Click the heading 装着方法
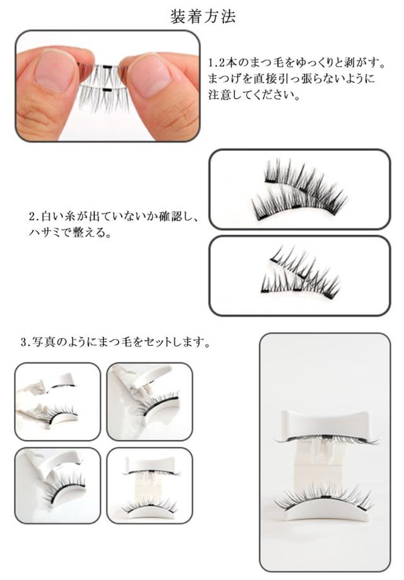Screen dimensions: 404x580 pos(203,16)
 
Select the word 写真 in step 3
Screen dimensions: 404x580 pos(44,342)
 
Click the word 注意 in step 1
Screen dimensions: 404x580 pos(220,95)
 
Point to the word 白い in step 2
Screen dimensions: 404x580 pos(54,216)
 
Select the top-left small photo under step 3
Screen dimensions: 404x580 pos(57,402)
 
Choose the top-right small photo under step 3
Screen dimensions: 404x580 pos(150,402)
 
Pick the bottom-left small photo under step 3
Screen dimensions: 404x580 pos(57,485)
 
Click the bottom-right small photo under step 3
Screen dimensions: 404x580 pos(150,485)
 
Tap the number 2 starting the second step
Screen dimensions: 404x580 pos(32,216)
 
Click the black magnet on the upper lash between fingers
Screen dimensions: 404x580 pos(107,66)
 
